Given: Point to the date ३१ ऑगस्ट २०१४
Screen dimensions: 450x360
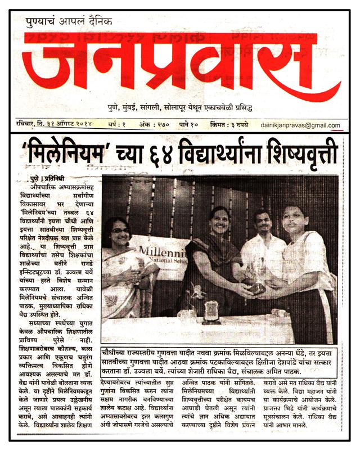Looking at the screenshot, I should click(67, 124).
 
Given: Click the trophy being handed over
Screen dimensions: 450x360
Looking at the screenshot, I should click(258, 276).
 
